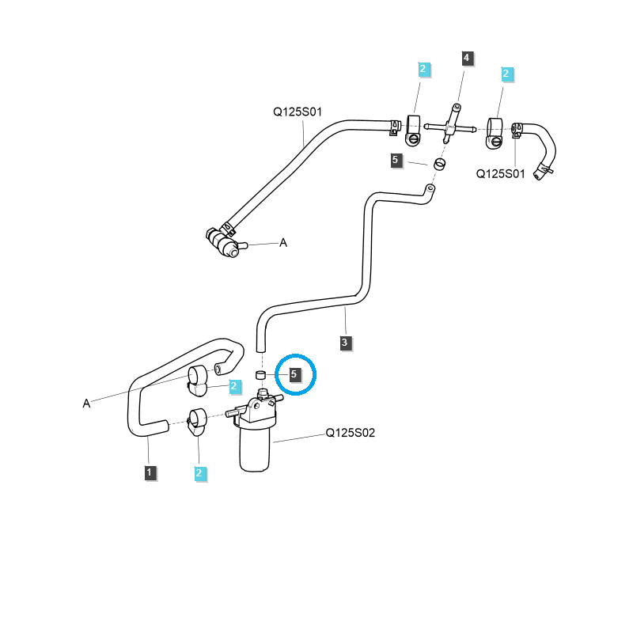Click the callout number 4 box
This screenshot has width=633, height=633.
[x=467, y=58]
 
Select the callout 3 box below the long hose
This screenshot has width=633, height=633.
[x=345, y=343]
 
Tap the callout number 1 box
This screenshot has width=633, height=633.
[x=149, y=472]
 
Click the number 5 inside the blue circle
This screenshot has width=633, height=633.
[x=294, y=373]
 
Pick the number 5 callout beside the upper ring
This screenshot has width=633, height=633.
[x=396, y=161]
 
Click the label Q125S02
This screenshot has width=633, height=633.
[x=351, y=433]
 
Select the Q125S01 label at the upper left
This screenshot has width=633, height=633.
[x=298, y=112]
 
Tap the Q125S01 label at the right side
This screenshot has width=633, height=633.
[x=501, y=174]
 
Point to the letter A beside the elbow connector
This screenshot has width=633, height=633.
[x=283, y=243]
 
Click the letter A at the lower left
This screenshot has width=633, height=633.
[x=86, y=404]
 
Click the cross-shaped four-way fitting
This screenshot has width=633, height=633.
[x=449, y=125]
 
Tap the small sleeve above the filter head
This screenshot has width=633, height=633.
[x=260, y=374]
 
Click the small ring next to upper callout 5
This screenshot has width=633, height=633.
[x=439, y=165]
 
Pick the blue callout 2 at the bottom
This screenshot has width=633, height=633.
[x=199, y=473]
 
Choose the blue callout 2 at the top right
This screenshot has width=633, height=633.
[x=507, y=75]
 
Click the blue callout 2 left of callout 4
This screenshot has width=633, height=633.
[x=423, y=70]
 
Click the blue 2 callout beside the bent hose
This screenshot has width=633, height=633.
[x=234, y=386]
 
